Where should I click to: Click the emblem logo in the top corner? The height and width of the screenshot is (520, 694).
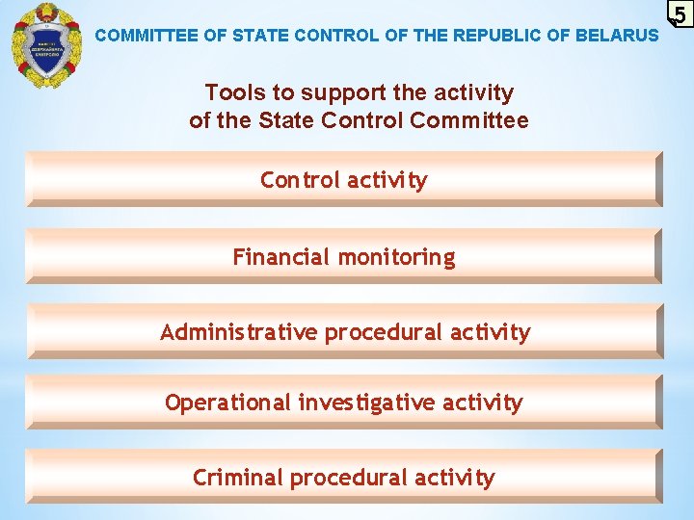[x=46, y=45]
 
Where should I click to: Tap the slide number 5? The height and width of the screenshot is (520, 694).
[x=680, y=15]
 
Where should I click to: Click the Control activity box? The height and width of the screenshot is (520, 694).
[x=344, y=179]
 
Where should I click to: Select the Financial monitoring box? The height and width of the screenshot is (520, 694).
[x=344, y=256]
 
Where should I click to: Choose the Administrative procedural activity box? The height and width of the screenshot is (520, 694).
[x=344, y=331]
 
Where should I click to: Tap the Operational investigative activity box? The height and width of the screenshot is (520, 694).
[x=344, y=402]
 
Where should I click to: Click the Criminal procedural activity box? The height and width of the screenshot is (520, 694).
[x=344, y=477]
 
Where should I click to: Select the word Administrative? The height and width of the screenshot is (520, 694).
[x=238, y=332]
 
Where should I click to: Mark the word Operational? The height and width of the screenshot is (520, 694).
[x=227, y=403]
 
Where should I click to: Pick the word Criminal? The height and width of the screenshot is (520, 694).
[x=238, y=478]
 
